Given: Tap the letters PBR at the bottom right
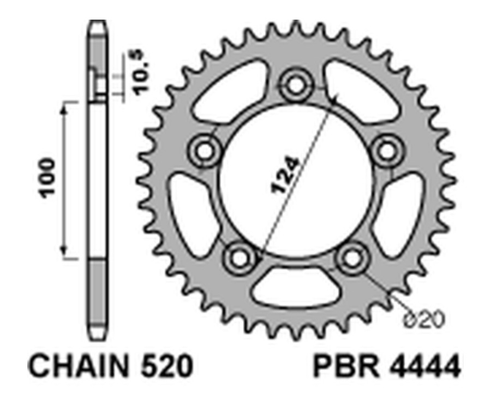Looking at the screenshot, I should coord(343,366).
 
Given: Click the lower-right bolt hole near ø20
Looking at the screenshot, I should coord(351,256).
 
